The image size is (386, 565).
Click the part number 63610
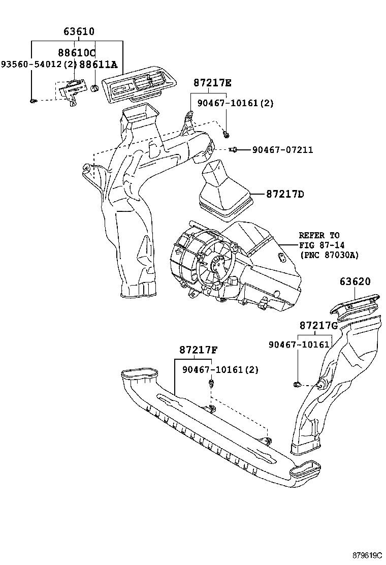79,32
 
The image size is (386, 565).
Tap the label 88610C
77,53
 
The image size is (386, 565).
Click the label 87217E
212,83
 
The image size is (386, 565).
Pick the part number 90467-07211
282,149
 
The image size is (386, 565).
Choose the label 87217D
285,195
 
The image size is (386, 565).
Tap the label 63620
355,281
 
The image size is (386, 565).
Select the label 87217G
318,326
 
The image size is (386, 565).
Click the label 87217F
199,350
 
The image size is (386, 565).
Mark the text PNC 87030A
330,255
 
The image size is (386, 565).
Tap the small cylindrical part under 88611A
94,88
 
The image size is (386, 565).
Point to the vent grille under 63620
355,305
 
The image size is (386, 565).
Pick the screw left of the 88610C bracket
33,101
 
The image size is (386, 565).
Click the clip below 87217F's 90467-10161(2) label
211,382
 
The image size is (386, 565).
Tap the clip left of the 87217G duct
297,384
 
